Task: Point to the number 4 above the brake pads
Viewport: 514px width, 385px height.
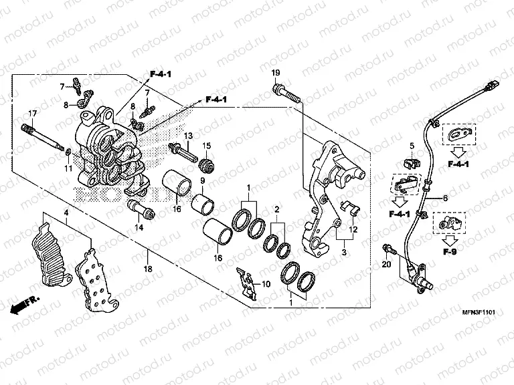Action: (66, 213)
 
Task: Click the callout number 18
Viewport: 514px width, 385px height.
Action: (148, 269)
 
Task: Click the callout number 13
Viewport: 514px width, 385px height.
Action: (188, 136)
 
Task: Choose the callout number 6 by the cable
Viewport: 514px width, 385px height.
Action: (444, 199)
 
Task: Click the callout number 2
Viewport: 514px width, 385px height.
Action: (276, 209)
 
